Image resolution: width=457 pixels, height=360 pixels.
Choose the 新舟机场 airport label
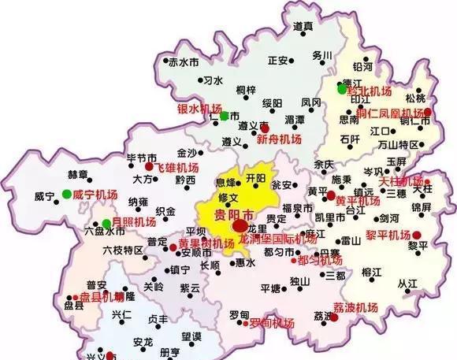pyautogui.click(x=279, y=139)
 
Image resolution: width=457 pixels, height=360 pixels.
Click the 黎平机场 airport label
pyautogui.click(x=388, y=235)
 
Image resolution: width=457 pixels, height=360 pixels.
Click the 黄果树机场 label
pyautogui.click(x=206, y=243)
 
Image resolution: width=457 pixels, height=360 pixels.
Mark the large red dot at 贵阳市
pyautogui.click(x=240, y=226)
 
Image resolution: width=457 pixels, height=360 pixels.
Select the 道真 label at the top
pyautogui.click(x=303, y=26)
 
